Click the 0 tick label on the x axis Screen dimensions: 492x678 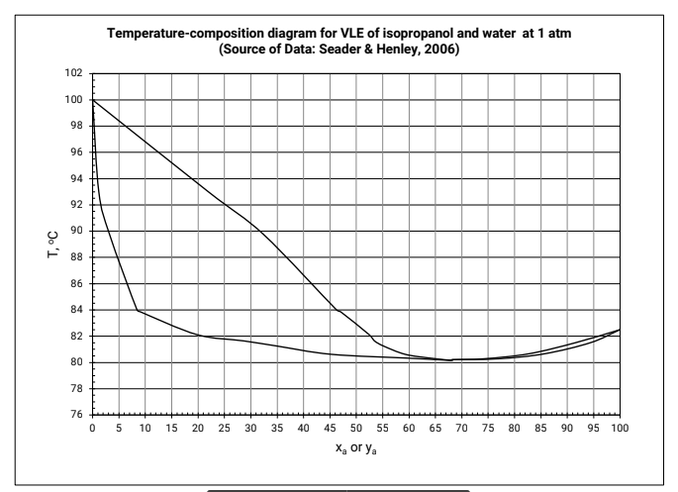pyautogui.click(x=92, y=430)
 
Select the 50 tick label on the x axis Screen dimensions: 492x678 pyautogui.click(x=355, y=430)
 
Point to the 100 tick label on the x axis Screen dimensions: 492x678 pyautogui.click(x=620, y=430)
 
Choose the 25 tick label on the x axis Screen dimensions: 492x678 pyautogui.click(x=224, y=430)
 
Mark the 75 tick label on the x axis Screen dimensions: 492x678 pyautogui.click(x=488, y=430)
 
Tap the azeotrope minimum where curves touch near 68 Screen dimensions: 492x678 pyautogui.click(x=450, y=360)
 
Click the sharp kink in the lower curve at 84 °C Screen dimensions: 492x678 pyautogui.click(x=137, y=310)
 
